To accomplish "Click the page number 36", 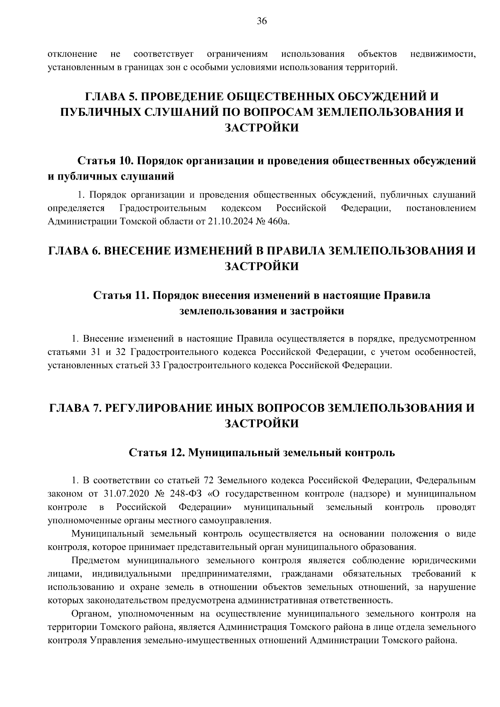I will coord(262,22).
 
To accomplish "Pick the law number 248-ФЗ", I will coord(185,494).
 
